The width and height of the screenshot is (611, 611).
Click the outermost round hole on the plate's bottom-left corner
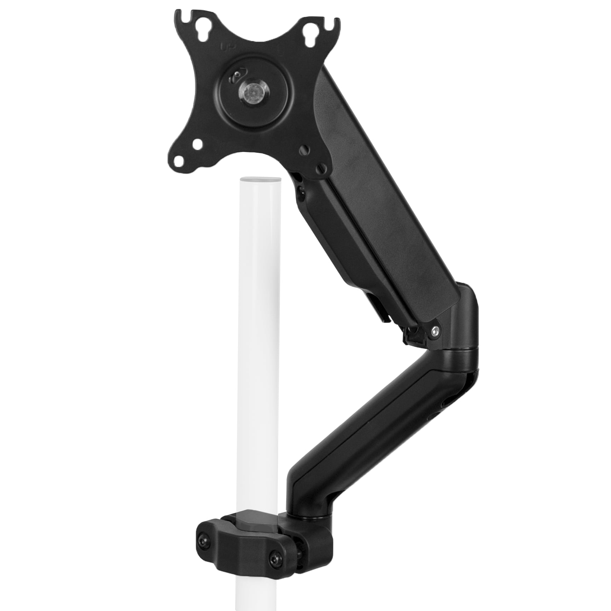coord(181,162)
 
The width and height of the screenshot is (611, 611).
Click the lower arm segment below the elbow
coord(382,414)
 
